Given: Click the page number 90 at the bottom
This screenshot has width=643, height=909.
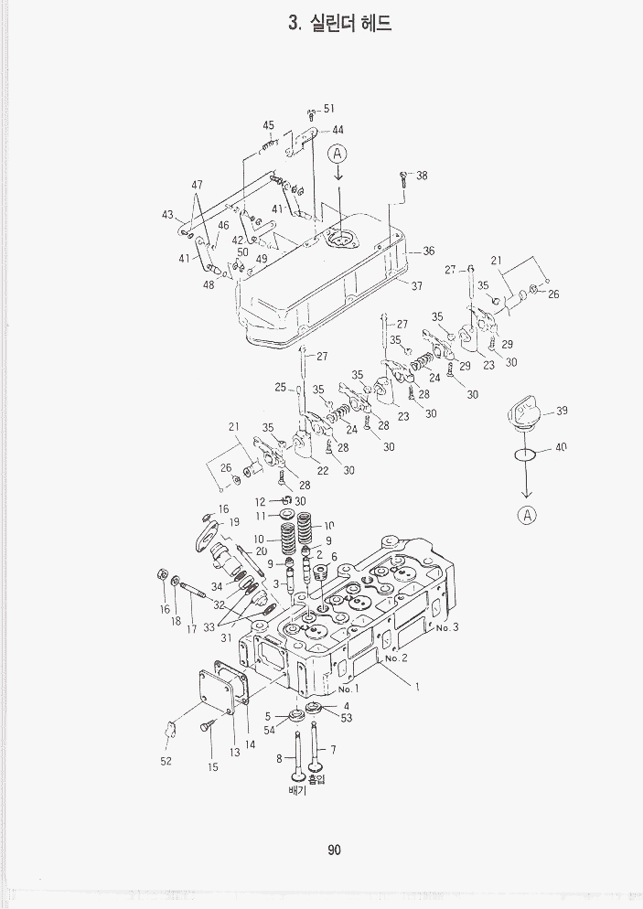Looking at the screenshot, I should pyautogui.click(x=334, y=850).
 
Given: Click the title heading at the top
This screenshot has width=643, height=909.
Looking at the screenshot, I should pyautogui.click(x=339, y=24).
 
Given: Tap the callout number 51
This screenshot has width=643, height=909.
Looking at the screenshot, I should pyautogui.click(x=328, y=108).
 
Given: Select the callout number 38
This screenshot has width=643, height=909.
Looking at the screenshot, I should pyautogui.click(x=422, y=176).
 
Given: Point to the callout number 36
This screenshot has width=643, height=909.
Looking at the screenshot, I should pyautogui.click(x=428, y=251).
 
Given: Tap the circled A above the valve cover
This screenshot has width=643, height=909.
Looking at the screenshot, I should pyautogui.click(x=337, y=153).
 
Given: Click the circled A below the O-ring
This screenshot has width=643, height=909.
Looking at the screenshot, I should pyautogui.click(x=527, y=515).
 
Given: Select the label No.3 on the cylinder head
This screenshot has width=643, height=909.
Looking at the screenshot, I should pyautogui.click(x=446, y=627).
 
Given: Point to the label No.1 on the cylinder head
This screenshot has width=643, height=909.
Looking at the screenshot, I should pyautogui.click(x=349, y=689).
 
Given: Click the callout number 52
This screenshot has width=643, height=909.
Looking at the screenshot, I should pyautogui.click(x=166, y=760).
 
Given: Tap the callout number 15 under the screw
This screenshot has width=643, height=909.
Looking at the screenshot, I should pyautogui.click(x=212, y=767).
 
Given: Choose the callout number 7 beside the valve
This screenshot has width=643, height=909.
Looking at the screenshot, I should pyautogui.click(x=333, y=750).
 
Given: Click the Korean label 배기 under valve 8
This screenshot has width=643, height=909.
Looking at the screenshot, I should pyautogui.click(x=297, y=790).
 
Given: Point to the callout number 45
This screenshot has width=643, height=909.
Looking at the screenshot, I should pyautogui.click(x=268, y=125).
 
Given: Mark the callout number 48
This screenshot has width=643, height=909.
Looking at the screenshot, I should pyautogui.click(x=209, y=284).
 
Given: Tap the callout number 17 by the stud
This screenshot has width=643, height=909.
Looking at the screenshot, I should pyautogui.click(x=192, y=629).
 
